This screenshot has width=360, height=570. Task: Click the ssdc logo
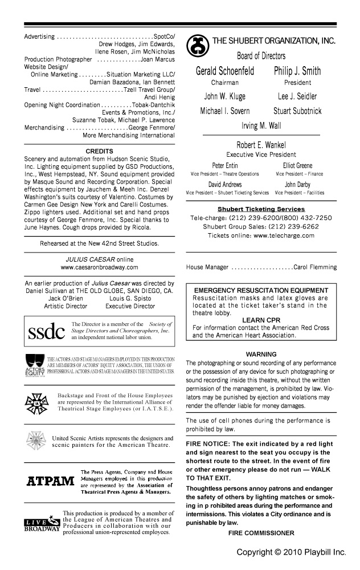(46, 331)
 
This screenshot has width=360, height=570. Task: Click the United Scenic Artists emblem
(35, 441)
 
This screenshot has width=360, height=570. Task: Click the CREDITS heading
(99, 151)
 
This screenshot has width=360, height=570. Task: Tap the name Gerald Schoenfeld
(224, 72)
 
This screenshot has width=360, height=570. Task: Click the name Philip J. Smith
(297, 72)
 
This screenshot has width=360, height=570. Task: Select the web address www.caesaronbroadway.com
(99, 267)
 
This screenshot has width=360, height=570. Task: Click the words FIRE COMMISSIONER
(261, 533)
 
